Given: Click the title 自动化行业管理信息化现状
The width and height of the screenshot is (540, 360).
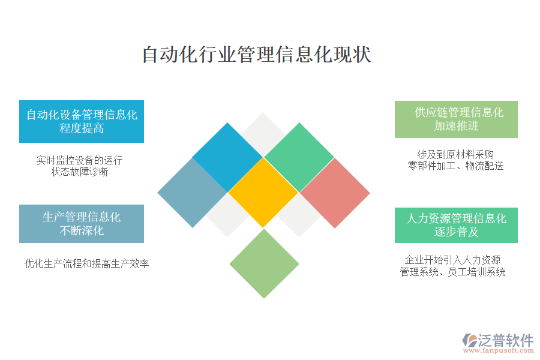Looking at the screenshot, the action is [x=257, y=55].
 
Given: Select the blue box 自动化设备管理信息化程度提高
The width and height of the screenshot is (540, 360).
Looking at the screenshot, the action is [x=82, y=122].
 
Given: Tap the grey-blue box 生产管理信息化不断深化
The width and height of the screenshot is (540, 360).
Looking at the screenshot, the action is [x=82, y=224].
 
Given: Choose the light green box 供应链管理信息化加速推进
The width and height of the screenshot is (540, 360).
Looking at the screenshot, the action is [x=456, y=119].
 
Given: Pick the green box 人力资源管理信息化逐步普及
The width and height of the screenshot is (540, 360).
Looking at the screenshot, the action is [x=456, y=226].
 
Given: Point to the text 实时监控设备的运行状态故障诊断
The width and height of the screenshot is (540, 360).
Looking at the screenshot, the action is [x=80, y=166].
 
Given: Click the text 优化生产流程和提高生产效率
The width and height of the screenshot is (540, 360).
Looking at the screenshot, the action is [x=87, y=263].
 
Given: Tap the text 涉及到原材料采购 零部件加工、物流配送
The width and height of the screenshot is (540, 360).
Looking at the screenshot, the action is [x=455, y=160].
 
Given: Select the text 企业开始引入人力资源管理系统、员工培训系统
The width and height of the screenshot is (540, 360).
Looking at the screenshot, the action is [x=452, y=266].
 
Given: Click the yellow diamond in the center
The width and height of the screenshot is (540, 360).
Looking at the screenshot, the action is [x=263, y=193].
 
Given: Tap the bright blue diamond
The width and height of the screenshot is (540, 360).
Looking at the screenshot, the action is [x=227, y=157].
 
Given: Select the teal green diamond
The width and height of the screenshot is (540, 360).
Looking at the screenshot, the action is [x=299, y=157].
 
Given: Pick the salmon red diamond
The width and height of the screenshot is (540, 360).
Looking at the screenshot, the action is [x=335, y=193].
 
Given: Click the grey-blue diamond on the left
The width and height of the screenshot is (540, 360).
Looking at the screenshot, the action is [x=193, y=193].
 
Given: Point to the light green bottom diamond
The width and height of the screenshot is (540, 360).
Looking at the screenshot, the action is [x=264, y=263].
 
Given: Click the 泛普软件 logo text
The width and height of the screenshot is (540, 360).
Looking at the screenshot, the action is [x=506, y=340].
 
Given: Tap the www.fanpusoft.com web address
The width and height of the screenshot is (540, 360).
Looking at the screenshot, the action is [x=499, y=350].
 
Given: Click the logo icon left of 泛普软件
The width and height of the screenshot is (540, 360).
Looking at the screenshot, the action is [x=470, y=340].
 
